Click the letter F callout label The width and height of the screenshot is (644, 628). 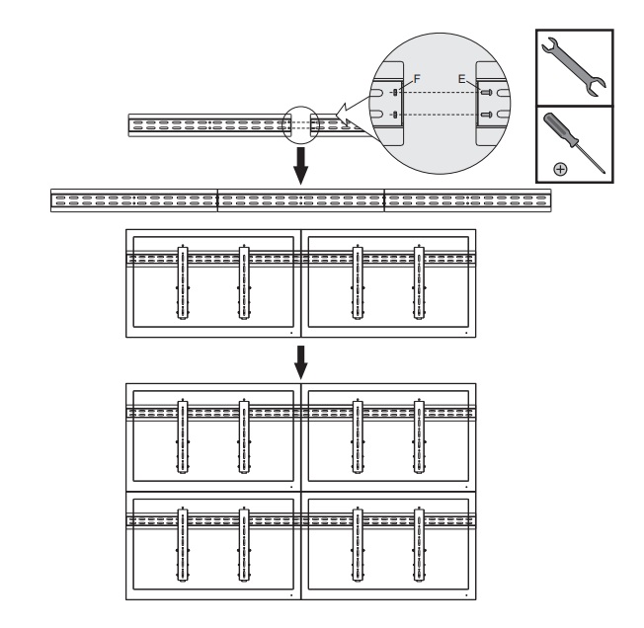[417, 78]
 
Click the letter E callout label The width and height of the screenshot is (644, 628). [462, 78]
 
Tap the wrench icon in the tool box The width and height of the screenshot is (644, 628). [574, 67]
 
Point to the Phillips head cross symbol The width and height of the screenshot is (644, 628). [561, 169]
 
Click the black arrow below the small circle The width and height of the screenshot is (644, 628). [301, 166]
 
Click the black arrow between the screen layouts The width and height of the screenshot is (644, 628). [301, 362]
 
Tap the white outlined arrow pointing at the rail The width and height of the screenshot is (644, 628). [353, 111]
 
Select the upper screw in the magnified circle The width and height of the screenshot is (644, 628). [487, 93]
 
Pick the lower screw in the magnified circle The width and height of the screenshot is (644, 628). [487, 115]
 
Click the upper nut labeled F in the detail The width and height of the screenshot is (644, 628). [395, 93]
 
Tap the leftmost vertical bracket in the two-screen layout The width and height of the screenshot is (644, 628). [183, 282]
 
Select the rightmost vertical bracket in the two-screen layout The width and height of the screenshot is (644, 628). [419, 282]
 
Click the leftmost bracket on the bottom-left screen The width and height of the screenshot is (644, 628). [183, 545]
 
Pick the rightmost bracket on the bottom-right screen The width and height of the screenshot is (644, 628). [419, 545]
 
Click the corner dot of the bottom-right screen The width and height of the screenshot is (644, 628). [466, 595]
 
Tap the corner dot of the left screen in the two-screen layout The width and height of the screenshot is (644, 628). [291, 333]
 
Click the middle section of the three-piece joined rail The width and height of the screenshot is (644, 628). [301, 200]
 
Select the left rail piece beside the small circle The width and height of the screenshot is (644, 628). [209, 125]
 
